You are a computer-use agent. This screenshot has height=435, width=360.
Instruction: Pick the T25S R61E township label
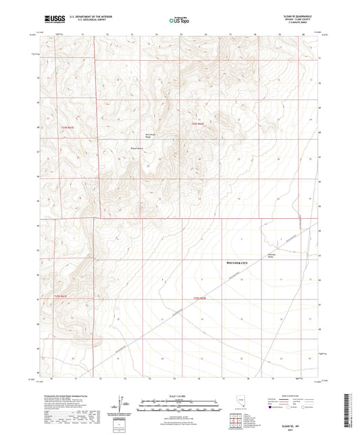[62, 296]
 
